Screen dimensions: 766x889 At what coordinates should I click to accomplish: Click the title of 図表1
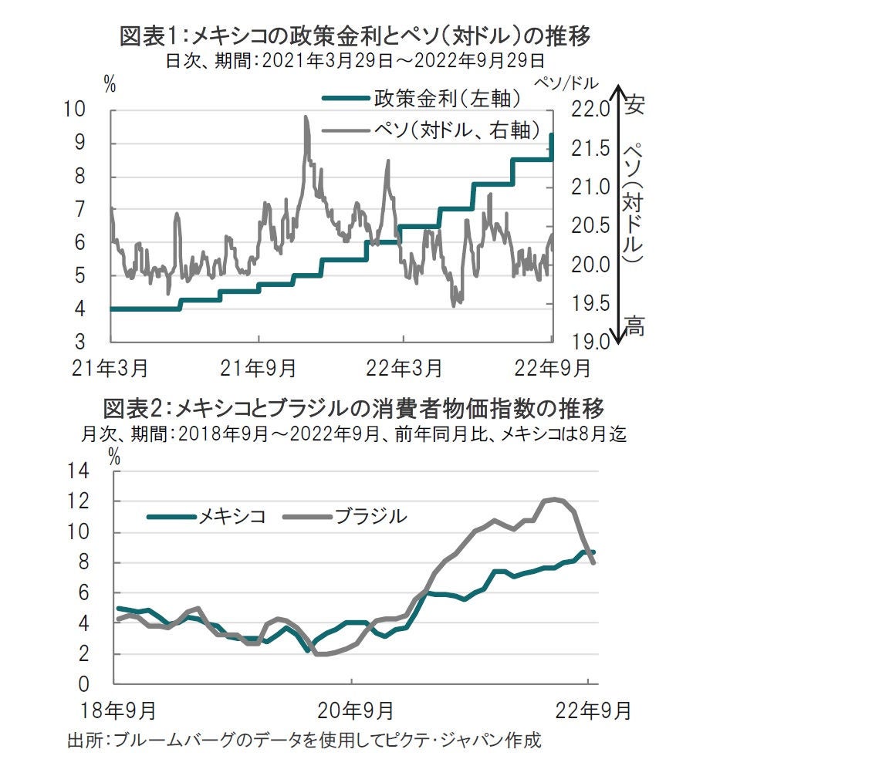pos(355,35)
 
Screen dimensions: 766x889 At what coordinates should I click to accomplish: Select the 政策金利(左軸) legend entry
pos(421,98)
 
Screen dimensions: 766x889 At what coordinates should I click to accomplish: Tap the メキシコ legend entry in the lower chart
pos(206,516)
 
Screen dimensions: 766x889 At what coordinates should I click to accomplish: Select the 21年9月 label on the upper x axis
pos(258,369)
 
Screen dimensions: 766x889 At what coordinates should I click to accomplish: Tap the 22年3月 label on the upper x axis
pos(403,369)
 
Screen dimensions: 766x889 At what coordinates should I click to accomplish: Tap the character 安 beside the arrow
pos(634,104)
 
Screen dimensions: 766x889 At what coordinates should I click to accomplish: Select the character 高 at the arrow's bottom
pos(634,327)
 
